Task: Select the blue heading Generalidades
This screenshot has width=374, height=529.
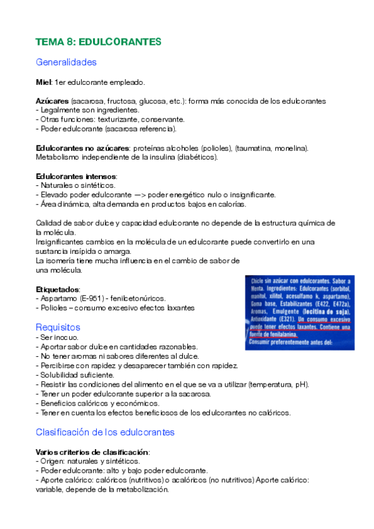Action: click(x=66, y=62)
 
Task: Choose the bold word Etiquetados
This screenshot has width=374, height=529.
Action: click(x=57, y=289)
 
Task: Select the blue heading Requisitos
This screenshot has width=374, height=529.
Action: click(x=58, y=327)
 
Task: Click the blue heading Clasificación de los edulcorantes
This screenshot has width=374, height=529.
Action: click(x=105, y=432)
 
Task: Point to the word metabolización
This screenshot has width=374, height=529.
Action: click(x=140, y=490)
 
